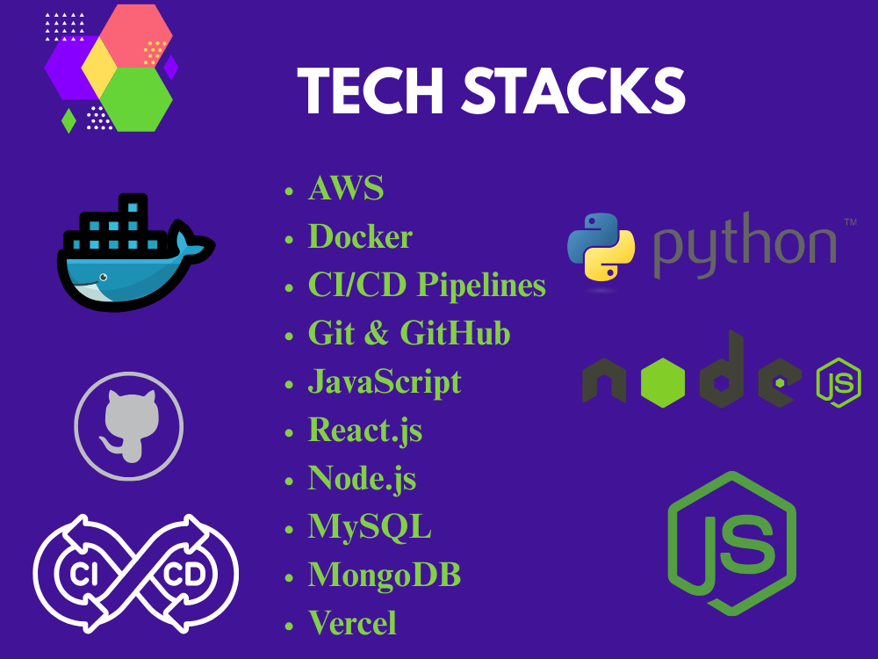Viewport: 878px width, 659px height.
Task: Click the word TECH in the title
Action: (x=373, y=91)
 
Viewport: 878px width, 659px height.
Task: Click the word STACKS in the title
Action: (x=574, y=91)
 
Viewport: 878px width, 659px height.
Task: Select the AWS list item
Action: (x=346, y=188)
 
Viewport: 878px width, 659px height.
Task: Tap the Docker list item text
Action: (x=360, y=236)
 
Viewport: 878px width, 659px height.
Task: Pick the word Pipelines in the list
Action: (x=481, y=286)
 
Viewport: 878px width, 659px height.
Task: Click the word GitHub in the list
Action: (x=455, y=333)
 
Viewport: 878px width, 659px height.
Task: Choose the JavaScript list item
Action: (x=385, y=383)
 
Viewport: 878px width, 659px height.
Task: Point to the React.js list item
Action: (x=365, y=431)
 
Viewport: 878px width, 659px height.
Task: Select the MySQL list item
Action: (x=370, y=528)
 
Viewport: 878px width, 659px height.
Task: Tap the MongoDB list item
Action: (x=385, y=575)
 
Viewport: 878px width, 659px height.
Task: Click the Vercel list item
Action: (x=352, y=623)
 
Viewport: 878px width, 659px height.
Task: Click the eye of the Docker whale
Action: (x=103, y=278)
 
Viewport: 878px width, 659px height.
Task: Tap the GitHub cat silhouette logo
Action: (x=129, y=427)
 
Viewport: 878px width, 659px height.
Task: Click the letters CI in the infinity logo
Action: (x=83, y=575)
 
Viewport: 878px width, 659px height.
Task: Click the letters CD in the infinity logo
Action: (x=184, y=575)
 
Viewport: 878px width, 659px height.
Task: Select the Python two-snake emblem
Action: (x=601, y=247)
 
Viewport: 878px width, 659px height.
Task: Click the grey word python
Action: (x=745, y=245)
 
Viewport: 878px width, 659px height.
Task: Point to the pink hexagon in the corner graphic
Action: (x=136, y=35)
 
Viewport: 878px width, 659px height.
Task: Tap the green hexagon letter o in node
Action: (x=663, y=382)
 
